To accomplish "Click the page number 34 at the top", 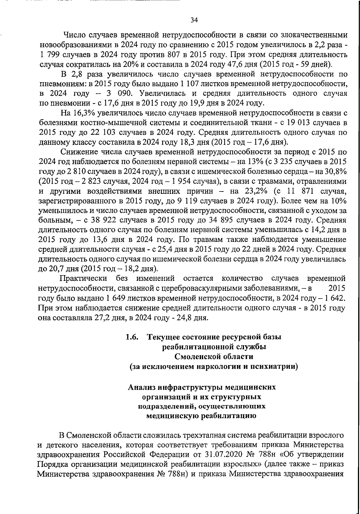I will point(194,20).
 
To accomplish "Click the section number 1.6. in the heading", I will point(132,337).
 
